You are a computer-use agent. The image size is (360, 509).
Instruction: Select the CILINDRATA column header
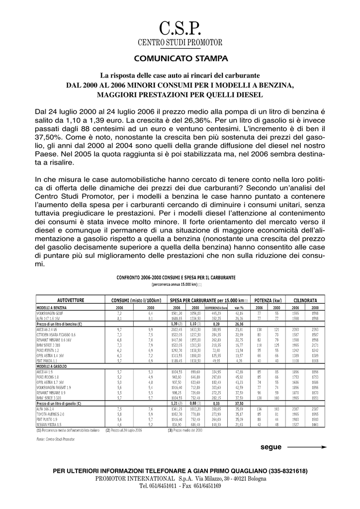pyautogui.click(x=305, y=301)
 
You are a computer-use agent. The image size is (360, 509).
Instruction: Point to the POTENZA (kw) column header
pyautogui.click(x=268, y=301)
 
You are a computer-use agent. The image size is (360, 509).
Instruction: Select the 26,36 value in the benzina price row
pyautogui.click(x=238, y=324)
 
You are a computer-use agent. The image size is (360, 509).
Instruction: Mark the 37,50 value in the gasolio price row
pyautogui.click(x=238, y=404)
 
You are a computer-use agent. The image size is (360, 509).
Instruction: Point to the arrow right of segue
pyautogui.click(x=306, y=447)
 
